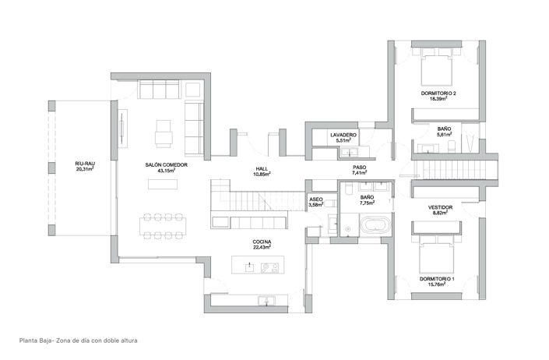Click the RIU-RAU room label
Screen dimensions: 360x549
pos(85,162)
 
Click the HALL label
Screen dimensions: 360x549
pos(262,168)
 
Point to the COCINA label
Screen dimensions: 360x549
pos(262,242)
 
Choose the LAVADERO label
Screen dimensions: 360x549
pos(343,135)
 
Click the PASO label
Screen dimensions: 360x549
pos(360,168)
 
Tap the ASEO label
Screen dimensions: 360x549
pos(316,199)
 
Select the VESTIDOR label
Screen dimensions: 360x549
pos(441,206)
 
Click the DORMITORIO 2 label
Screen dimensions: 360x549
pos(438,94)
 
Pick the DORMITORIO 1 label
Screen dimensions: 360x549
pos(438,278)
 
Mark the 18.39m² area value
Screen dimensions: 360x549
pos(438,100)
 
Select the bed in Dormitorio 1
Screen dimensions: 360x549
pos(438,258)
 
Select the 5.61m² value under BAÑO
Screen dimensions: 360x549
pos(445,134)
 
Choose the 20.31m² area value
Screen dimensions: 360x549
pos(85,168)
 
